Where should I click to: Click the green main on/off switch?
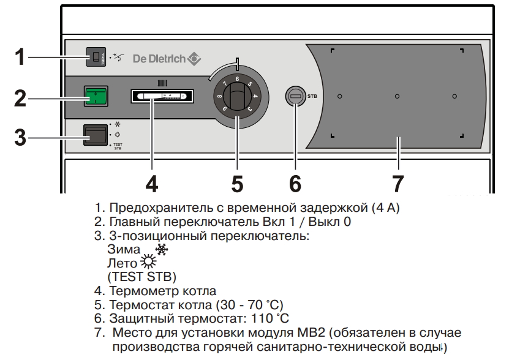96,97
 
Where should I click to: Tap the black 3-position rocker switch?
96,134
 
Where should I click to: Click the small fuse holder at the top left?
96,58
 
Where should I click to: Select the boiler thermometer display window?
161,97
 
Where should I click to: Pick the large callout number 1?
20,58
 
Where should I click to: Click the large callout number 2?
20,98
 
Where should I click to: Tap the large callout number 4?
152,182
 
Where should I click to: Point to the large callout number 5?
237,182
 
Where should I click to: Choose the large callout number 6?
295,182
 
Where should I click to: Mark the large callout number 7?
398,182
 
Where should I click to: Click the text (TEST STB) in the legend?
141,277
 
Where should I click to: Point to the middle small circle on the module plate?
397,96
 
